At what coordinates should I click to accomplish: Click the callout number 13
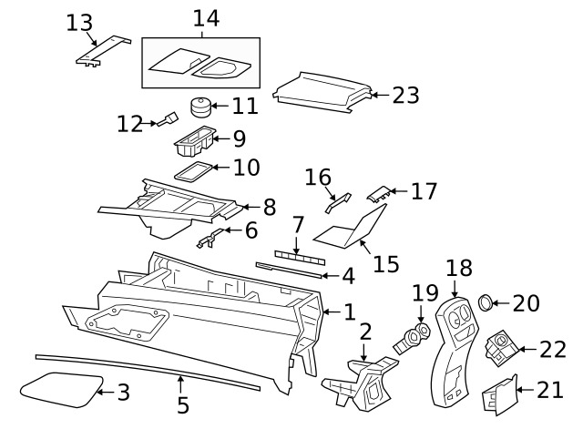pyautogui.click(x=79, y=23)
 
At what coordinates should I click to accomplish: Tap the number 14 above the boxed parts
pyautogui.click(x=206, y=18)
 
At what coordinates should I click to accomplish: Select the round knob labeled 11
pyautogui.click(x=200, y=107)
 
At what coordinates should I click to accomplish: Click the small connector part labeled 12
pyautogui.click(x=168, y=119)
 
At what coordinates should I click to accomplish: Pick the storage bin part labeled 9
pyautogui.click(x=195, y=141)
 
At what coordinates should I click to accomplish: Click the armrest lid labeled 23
pyautogui.click(x=322, y=93)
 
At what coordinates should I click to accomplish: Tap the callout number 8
pyautogui.click(x=270, y=207)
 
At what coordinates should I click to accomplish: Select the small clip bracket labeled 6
pyautogui.click(x=210, y=239)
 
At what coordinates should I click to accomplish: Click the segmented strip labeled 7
pyautogui.click(x=300, y=258)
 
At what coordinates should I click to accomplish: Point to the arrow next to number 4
pyautogui.click(x=331, y=276)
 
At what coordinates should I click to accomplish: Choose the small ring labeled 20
pyautogui.click(x=485, y=302)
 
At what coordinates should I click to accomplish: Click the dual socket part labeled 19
pyautogui.click(x=412, y=339)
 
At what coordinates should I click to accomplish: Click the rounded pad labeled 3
pyautogui.click(x=61, y=390)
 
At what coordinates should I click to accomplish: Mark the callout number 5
pyautogui.click(x=182, y=405)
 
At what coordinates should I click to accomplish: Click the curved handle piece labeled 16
pyautogui.click(x=338, y=202)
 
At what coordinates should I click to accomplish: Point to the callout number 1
pyautogui.click(x=350, y=312)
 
